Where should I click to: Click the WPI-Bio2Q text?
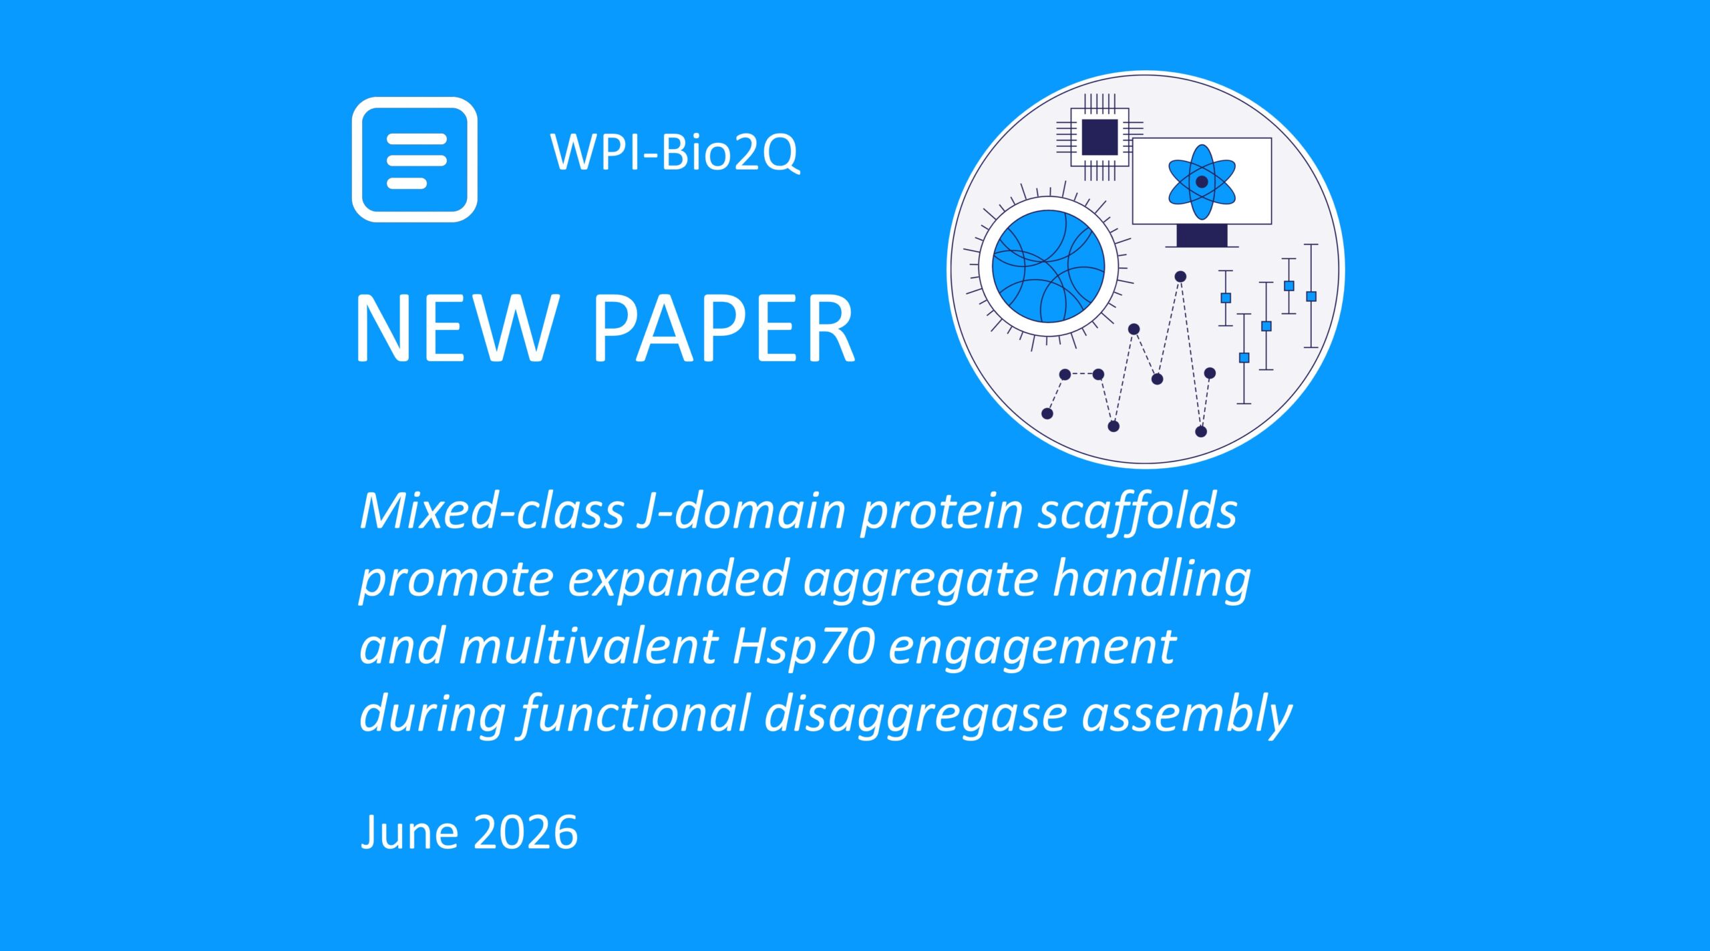675,152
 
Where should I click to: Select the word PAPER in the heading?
724,329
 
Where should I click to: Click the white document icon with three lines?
415,160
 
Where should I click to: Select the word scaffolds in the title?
1138,511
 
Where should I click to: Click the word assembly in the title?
1187,715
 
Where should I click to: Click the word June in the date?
409,832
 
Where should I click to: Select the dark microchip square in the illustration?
1099,137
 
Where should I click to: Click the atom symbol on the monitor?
1202,182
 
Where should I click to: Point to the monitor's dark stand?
1202,236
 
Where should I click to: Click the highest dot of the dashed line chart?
1180,276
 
